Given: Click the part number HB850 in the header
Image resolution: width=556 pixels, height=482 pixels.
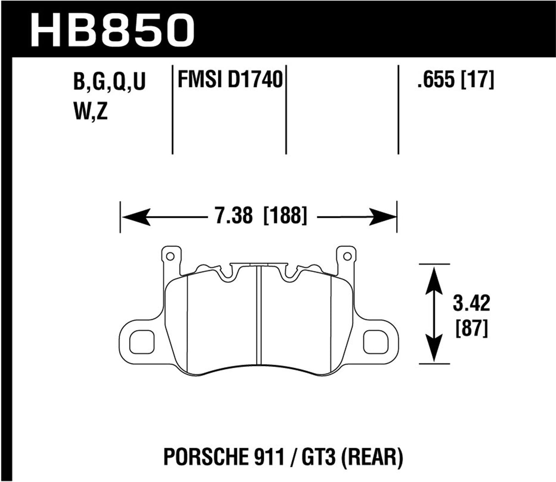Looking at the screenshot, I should click(x=110, y=27).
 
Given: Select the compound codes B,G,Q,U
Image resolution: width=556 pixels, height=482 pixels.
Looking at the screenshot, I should click(x=109, y=83).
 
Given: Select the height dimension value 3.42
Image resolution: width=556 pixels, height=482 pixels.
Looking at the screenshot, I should click(x=472, y=304).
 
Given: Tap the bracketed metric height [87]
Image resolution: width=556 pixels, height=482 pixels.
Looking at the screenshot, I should click(x=472, y=328).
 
